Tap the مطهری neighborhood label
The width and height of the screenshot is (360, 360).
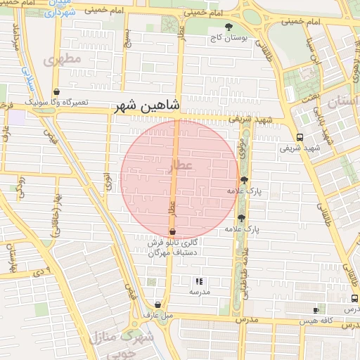63,60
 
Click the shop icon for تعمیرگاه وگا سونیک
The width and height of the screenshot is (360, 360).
56,92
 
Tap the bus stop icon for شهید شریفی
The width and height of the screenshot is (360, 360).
300,137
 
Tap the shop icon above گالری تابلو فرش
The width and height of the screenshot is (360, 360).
172,232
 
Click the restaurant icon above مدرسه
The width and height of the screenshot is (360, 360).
198,281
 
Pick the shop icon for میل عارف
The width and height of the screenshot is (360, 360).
157,306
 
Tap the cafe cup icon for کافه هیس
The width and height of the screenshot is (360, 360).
316,310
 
